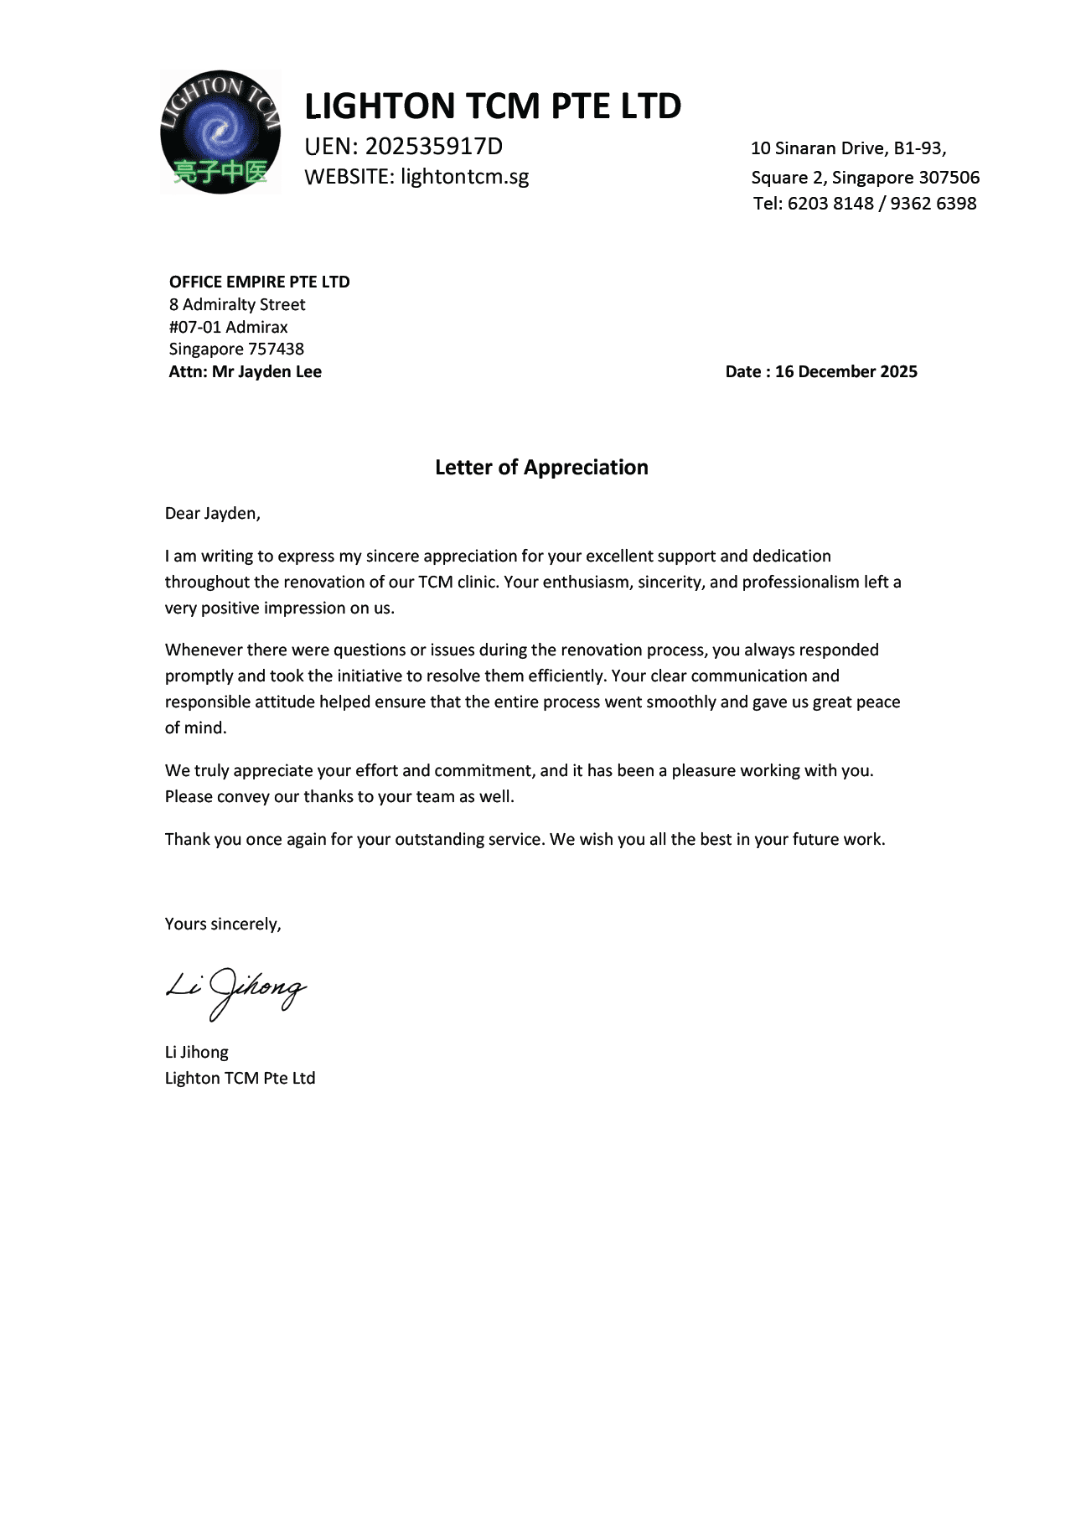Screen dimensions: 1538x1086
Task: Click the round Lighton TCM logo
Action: [220, 132]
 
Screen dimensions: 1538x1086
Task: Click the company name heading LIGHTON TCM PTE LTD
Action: [493, 106]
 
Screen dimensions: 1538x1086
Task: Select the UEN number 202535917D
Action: [434, 147]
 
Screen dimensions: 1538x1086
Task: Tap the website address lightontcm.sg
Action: [465, 177]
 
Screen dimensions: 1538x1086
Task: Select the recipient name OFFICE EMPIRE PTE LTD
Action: [260, 282]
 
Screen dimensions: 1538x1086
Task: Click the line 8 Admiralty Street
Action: [237, 304]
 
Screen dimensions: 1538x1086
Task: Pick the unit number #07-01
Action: [194, 327]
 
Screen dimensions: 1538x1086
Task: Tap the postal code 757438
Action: [276, 349]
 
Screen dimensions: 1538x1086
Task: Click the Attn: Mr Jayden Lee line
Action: [246, 371]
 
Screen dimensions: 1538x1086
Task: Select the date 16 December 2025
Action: [846, 371]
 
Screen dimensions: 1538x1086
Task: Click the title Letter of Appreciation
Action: [541, 468]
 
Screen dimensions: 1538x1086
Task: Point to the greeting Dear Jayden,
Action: [213, 514]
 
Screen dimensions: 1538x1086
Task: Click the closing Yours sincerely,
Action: [223, 924]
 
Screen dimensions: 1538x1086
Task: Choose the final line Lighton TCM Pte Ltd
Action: [240, 1078]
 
